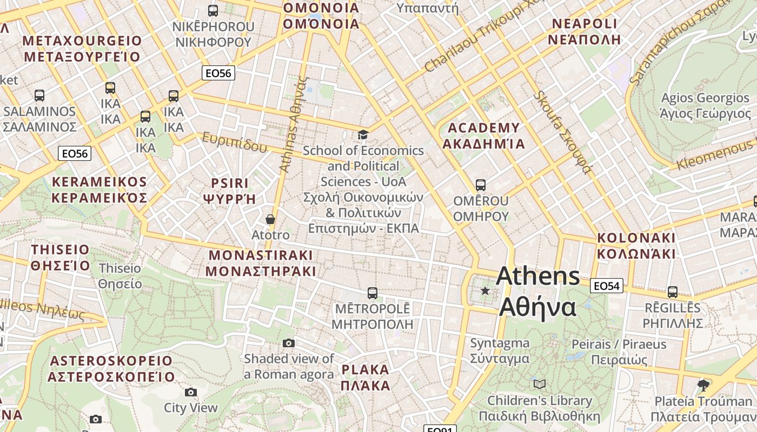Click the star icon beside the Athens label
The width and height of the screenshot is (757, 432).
click(485, 291)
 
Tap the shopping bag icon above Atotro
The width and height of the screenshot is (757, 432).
click(270, 219)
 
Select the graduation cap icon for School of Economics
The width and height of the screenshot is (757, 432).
click(363, 134)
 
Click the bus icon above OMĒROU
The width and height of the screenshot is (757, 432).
click(480, 185)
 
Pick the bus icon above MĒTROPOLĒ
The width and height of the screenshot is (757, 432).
click(372, 293)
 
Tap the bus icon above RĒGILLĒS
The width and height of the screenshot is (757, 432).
click(672, 292)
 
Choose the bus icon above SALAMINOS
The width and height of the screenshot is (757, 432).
click(39, 96)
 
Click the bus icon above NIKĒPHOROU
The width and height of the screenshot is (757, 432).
click(213, 10)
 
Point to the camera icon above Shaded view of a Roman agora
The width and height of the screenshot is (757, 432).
click(289, 343)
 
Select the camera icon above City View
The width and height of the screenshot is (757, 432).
click(190, 392)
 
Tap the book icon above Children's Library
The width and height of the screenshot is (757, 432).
click(539, 384)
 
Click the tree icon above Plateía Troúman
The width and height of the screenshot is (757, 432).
click(703, 385)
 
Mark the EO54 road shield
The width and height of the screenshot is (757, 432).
click(606, 286)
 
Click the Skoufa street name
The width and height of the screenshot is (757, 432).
click(562, 132)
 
